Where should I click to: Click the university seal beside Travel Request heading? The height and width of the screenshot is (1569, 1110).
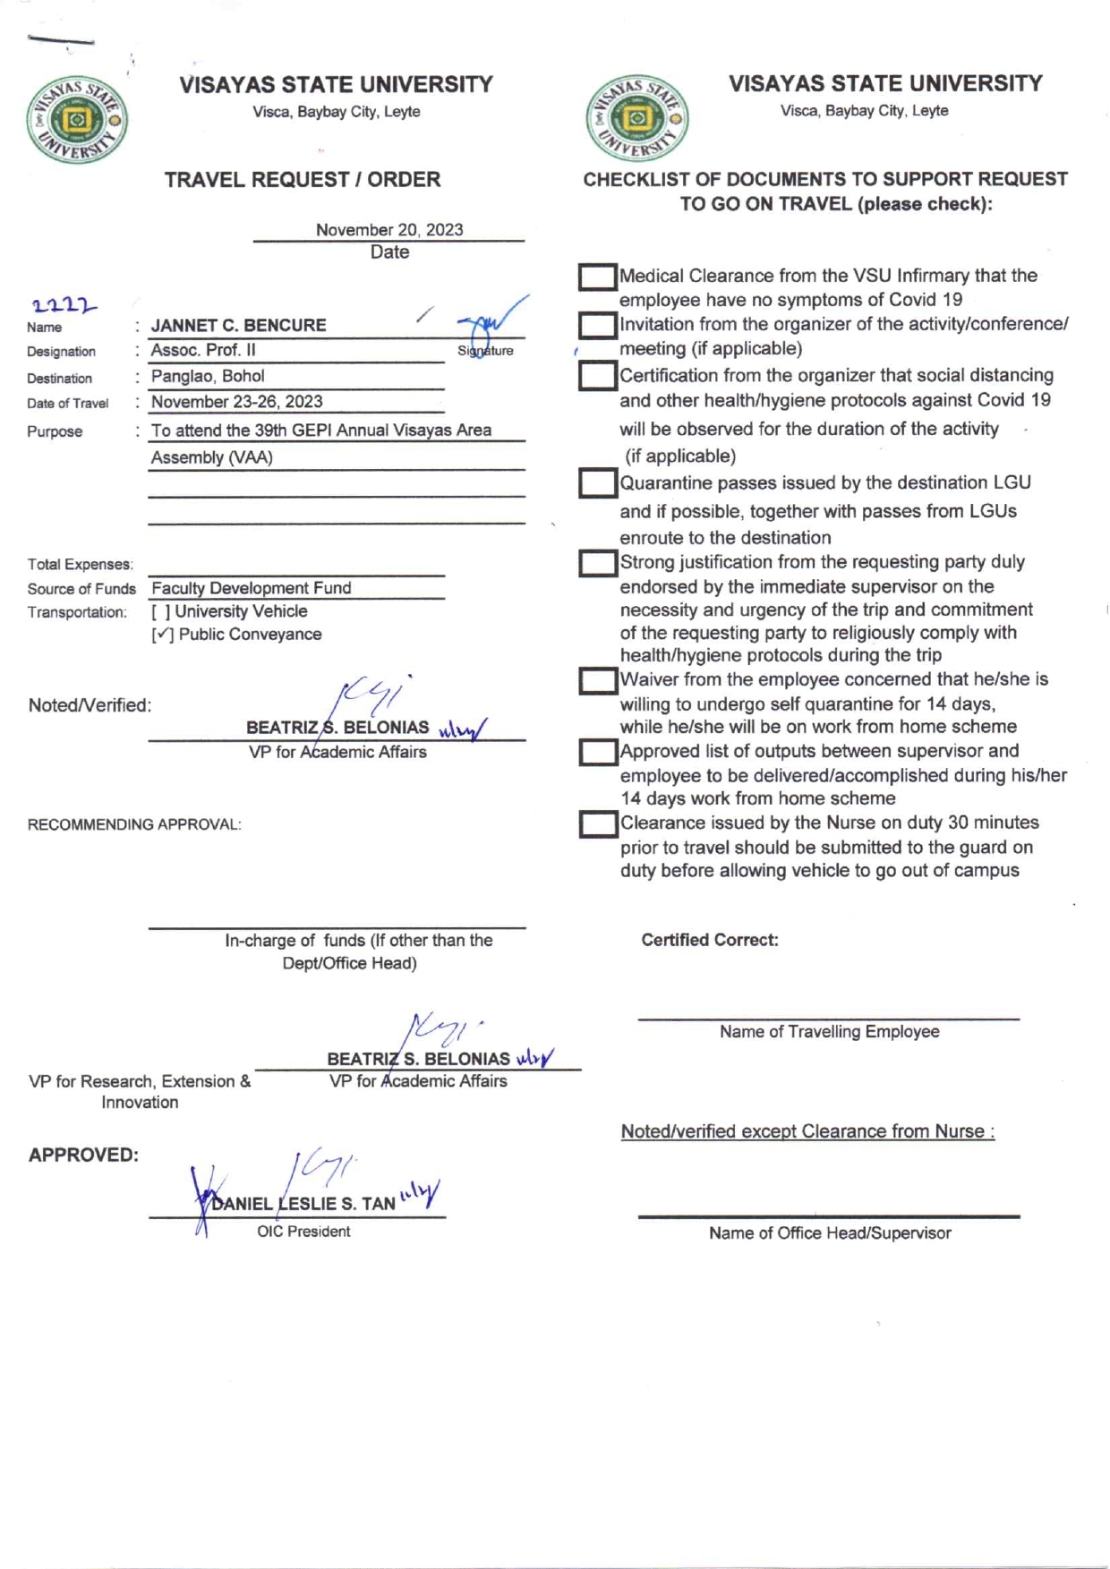pos(77,120)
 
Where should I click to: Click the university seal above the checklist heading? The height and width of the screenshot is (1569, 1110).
pos(637,118)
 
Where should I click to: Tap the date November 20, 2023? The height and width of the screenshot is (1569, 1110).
pos(389,230)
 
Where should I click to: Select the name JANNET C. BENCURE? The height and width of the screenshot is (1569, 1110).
pos(238,326)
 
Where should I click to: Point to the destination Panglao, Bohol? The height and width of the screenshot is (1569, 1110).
pos(208,376)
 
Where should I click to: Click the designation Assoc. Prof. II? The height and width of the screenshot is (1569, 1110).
pos(203,350)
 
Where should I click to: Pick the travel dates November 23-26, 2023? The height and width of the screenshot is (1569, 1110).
pos(236,402)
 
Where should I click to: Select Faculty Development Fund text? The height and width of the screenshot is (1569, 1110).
pos(252,588)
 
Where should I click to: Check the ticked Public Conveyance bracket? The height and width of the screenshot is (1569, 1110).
pos(162,635)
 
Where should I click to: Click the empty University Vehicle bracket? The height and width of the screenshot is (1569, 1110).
pos(161,612)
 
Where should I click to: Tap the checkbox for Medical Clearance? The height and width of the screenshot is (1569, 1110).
pos(597,277)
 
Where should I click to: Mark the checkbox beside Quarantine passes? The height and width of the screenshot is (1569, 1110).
pos(597,483)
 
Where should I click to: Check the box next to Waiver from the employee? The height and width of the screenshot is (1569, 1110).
pos(597,681)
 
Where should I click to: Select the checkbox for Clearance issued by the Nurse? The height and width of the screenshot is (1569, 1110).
pos(597,824)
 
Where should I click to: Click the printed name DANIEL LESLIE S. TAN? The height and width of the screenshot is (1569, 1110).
pos(303,1204)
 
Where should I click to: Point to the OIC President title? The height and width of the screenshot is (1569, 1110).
pos(303,1232)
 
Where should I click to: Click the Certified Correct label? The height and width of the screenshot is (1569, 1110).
pos(710,940)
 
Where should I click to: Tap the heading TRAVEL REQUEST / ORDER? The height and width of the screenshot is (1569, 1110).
pos(303,180)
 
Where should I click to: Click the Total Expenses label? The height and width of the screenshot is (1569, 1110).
pos(81,565)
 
